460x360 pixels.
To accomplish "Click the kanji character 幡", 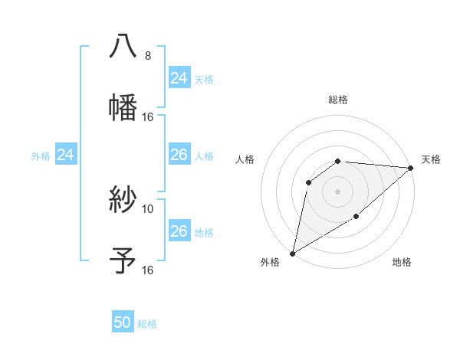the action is [x=123, y=107].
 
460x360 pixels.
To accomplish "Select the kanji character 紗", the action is [x=123, y=199].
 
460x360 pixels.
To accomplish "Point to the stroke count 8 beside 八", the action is [x=148, y=56].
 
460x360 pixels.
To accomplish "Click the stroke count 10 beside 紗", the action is [x=148, y=208].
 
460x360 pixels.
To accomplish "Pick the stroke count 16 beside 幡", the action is [x=148, y=117].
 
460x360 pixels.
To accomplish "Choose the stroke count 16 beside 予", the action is [x=148, y=270].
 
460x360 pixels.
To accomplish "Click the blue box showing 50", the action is [x=123, y=323].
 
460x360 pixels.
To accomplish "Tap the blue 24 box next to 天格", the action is [x=179, y=78].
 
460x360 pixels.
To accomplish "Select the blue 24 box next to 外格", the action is [x=65, y=155].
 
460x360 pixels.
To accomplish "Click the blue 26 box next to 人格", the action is [x=179, y=155].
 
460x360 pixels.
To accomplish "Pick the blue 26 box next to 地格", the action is [x=179, y=231].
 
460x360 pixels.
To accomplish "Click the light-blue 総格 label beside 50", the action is [x=147, y=324].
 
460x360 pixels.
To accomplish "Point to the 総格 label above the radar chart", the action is [x=337, y=100].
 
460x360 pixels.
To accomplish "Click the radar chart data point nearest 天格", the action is [x=411, y=169].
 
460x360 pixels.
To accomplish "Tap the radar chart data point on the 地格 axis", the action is [x=356, y=218].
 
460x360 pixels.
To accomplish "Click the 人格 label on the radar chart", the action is [x=245, y=159].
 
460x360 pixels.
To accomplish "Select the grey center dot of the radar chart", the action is [x=337, y=191].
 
